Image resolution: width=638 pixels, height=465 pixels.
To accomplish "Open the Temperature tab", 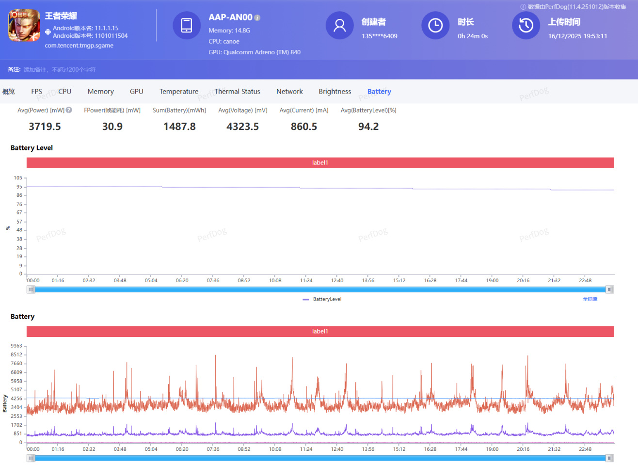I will point(178,92).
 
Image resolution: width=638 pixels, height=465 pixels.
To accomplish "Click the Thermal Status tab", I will point(237,92).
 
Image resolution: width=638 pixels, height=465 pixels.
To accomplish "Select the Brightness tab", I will point(335,92).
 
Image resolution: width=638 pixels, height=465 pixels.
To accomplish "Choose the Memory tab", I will point(100,92).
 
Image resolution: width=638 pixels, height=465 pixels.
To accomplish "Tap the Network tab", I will point(289,92).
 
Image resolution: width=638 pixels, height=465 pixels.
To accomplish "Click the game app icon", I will point(24,25).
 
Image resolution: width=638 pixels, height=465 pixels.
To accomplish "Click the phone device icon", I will point(187,25).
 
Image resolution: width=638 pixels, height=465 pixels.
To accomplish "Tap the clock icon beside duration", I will point(435,25).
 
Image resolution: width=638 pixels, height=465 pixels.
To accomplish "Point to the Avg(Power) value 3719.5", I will point(45,127).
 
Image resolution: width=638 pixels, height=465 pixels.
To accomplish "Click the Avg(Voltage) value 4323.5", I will point(242,127).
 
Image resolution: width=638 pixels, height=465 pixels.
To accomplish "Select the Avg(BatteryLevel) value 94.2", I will point(368,127).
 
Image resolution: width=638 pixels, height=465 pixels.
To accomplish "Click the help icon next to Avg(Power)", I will point(69,110).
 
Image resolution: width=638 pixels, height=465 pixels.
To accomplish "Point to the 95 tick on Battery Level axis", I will point(19,187).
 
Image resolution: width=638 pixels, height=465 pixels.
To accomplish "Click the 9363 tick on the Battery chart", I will point(16,346).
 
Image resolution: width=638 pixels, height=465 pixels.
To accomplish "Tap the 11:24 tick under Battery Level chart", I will point(306,281).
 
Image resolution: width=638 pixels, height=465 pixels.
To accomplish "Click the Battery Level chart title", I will point(32,148).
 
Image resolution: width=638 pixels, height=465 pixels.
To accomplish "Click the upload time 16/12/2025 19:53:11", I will point(577,36).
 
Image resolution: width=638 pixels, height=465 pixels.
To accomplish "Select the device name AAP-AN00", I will point(230,17).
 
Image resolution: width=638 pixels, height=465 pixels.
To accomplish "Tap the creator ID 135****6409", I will point(379,36).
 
